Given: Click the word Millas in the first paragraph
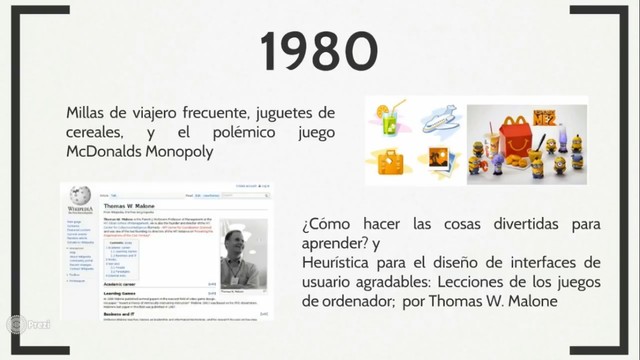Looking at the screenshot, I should point(88,113).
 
